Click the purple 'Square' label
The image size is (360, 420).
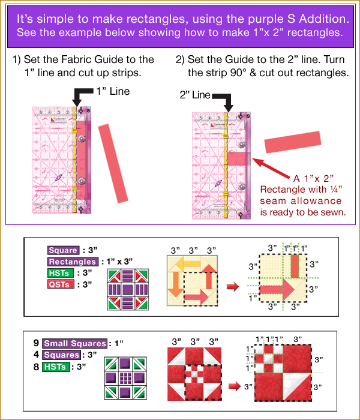pos(63,251)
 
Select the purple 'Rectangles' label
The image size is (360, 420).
pos(73,262)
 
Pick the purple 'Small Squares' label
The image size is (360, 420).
pos(74,344)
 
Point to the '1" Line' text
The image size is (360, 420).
pos(113,92)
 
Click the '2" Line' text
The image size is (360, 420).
pos(193,95)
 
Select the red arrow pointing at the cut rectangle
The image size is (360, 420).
pos(272,170)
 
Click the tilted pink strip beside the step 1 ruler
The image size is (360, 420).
pos(114,163)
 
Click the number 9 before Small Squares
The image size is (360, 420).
pos(37,344)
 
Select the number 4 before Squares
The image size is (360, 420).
pos(37,355)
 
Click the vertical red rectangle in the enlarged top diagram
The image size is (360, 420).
pos(295,263)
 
